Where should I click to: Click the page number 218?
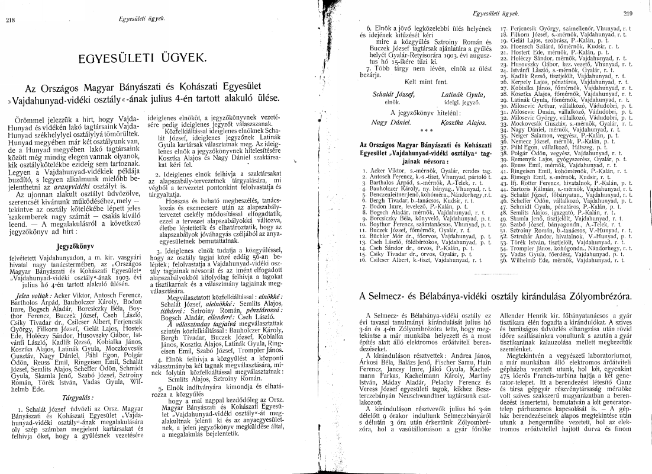10,20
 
